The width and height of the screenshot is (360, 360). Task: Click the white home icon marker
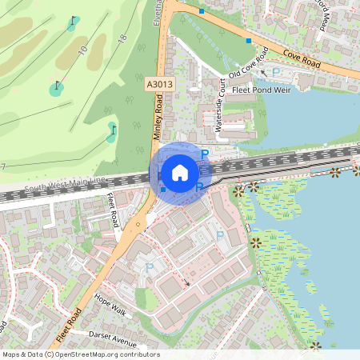[180, 173]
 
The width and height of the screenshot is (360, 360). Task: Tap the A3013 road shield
[158, 82]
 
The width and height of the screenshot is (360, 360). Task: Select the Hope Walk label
[110, 308]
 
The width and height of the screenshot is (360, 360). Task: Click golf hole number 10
[83, 50]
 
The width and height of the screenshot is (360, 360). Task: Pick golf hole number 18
[122, 38]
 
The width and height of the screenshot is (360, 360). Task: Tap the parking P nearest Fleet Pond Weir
[277, 72]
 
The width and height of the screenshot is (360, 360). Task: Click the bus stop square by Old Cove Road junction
[249, 40]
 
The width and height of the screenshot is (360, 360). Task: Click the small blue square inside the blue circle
[162, 190]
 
